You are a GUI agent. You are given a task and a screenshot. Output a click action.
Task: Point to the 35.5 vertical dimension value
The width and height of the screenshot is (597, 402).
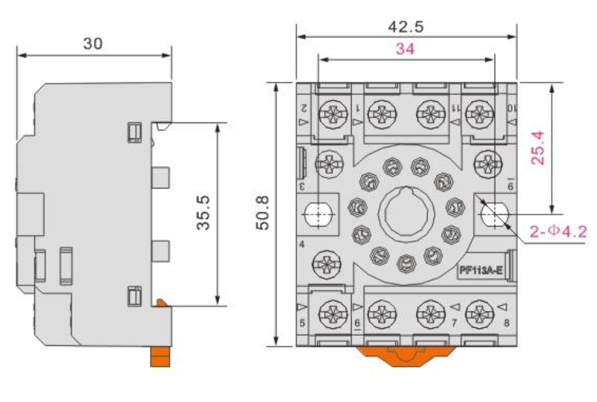202,212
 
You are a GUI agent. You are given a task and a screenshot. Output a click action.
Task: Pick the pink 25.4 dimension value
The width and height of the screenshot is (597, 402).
539,148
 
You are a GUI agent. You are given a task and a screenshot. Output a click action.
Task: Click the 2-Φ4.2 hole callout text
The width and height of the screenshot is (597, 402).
558,232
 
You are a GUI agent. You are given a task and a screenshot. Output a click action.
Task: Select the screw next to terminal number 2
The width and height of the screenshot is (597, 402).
329,115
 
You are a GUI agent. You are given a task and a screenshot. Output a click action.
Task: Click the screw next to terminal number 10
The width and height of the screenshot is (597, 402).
480,115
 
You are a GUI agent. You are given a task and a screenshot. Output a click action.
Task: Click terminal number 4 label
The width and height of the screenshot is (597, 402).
302,244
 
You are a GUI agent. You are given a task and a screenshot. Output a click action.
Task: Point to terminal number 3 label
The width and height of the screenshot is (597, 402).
302,186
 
